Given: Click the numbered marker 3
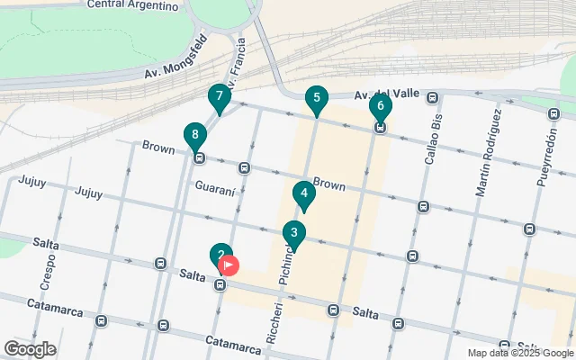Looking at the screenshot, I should [293, 234].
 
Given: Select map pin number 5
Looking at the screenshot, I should [315, 99].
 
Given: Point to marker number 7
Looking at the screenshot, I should [219, 97].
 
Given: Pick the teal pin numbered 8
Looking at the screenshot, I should [193, 137].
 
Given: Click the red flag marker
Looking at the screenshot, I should [229, 265].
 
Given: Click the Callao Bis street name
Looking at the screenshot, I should [434, 139].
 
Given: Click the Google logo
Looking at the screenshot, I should [30, 349].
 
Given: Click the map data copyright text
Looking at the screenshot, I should [519, 353].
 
